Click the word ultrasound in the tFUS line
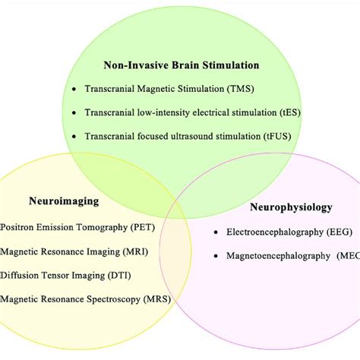tap(212, 137)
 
